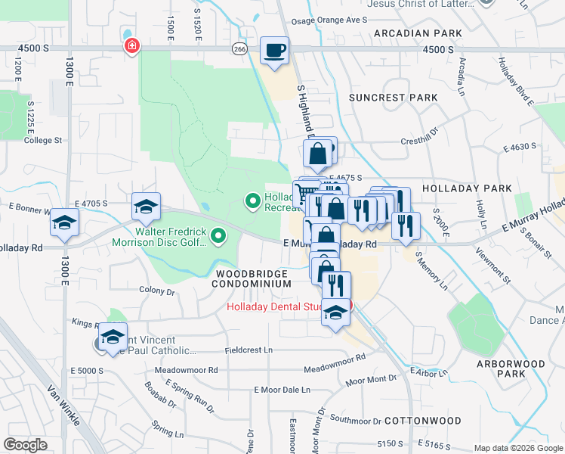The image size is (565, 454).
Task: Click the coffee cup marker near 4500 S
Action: coord(274,51)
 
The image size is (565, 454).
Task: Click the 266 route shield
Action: coord(239,48)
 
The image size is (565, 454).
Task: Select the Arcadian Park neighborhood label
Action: coord(416,33)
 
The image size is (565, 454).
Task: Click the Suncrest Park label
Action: coord(393,98)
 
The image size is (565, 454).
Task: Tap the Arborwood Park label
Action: coord(511,368)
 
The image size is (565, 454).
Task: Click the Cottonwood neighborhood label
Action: coord(422,420)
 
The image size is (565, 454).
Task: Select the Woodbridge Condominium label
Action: coord(252,278)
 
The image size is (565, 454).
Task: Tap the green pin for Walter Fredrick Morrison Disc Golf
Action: coord(219,237)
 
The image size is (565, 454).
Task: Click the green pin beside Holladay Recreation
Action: coord(252,201)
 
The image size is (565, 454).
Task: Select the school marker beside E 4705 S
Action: coord(146,206)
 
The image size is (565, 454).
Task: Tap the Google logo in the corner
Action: coord(26,444)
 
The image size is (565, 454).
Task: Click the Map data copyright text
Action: coord(518,448)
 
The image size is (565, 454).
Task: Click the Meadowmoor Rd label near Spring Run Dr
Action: coord(186,370)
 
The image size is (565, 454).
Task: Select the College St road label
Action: coord(42,140)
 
